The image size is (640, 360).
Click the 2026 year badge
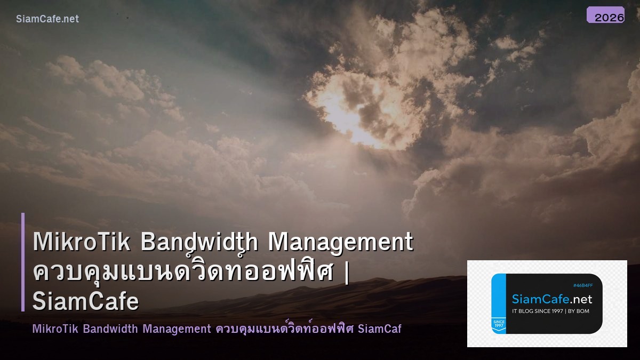coord(606,15)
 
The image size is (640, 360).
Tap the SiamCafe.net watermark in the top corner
coord(47,19)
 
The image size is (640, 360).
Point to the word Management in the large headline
coord(340,242)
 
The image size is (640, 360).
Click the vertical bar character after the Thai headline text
coord(347,272)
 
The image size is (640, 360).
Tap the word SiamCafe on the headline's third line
coord(86,302)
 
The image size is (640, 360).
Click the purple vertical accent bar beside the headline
coord(23,262)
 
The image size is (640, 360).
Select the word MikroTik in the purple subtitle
coord(55,329)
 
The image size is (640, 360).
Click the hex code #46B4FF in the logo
coord(582,285)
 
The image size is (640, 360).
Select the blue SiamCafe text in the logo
coord(538,299)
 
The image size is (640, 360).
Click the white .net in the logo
coord(579,299)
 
